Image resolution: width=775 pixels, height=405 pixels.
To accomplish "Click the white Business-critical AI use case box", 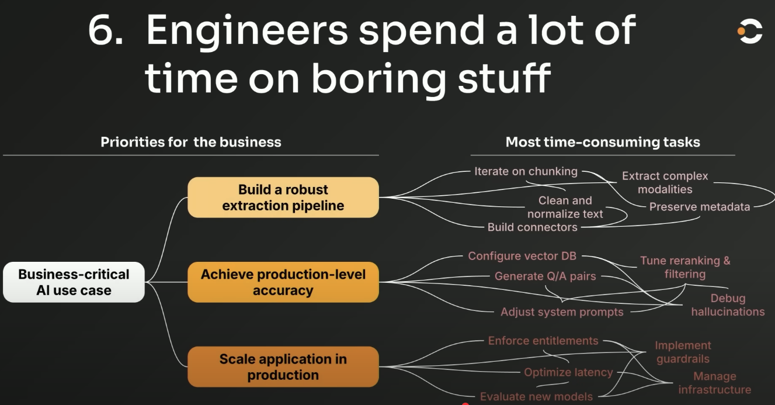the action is pos(74,282).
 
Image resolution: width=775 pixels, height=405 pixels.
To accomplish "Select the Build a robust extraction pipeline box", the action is pos(283,198).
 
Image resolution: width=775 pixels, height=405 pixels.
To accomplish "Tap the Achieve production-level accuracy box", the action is pos(283,282).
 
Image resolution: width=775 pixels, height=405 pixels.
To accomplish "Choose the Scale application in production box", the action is pos(283,367).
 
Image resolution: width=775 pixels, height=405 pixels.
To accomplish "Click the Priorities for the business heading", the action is pos(191,142).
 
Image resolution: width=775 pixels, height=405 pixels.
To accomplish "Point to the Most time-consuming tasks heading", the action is pos(603,142).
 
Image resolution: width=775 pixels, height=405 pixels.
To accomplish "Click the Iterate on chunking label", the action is pos(526,171).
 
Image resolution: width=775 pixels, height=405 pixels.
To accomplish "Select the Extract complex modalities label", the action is pos(665,182).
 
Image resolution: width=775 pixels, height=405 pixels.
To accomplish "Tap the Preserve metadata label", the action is pos(700,207).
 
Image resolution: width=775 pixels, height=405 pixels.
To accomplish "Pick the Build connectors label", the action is pos(533,227).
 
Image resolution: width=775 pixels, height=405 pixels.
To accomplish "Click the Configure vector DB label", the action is pos(522,256).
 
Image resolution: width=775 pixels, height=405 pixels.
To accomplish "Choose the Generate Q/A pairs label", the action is pos(545,276).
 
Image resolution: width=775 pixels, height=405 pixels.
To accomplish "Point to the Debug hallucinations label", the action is pos(728,305).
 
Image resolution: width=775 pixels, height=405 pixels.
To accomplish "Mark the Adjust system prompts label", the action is pos(562,312).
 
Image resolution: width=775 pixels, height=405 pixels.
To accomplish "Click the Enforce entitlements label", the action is pos(543,341).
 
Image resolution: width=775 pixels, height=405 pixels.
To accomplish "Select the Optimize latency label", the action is pos(568,372).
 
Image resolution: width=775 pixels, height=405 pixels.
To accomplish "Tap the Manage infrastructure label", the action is pos(715,383).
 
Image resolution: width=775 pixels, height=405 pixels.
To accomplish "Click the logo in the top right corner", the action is pos(750,31).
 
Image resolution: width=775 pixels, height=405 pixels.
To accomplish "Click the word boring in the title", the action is pos(380,79).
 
